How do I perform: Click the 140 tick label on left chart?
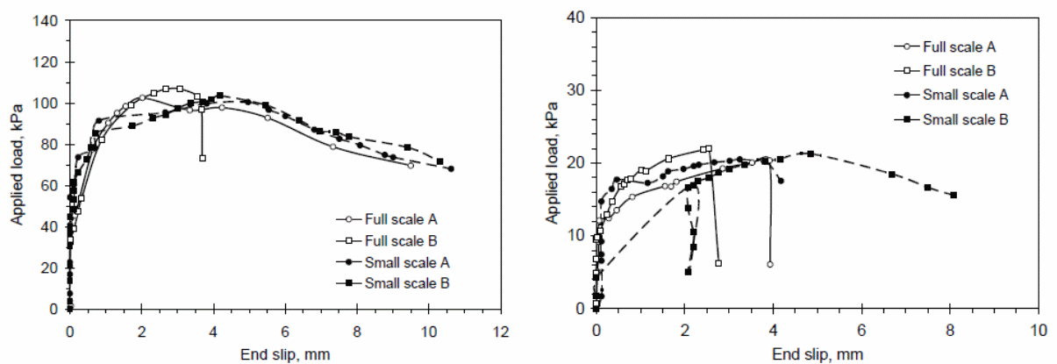(46, 20)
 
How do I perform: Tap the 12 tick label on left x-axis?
(501, 333)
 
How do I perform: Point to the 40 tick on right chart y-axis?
(577, 18)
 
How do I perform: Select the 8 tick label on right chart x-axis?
(950, 333)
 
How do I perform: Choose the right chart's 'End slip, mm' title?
(817, 354)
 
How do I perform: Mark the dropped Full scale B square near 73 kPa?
(203, 158)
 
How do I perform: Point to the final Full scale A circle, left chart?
(411, 165)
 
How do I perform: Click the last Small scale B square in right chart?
(953, 195)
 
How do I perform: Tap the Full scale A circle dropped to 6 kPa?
(770, 264)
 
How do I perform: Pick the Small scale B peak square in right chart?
(810, 153)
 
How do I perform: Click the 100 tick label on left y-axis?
(46, 103)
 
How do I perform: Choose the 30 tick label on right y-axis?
(577, 90)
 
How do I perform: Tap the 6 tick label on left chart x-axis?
(285, 333)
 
